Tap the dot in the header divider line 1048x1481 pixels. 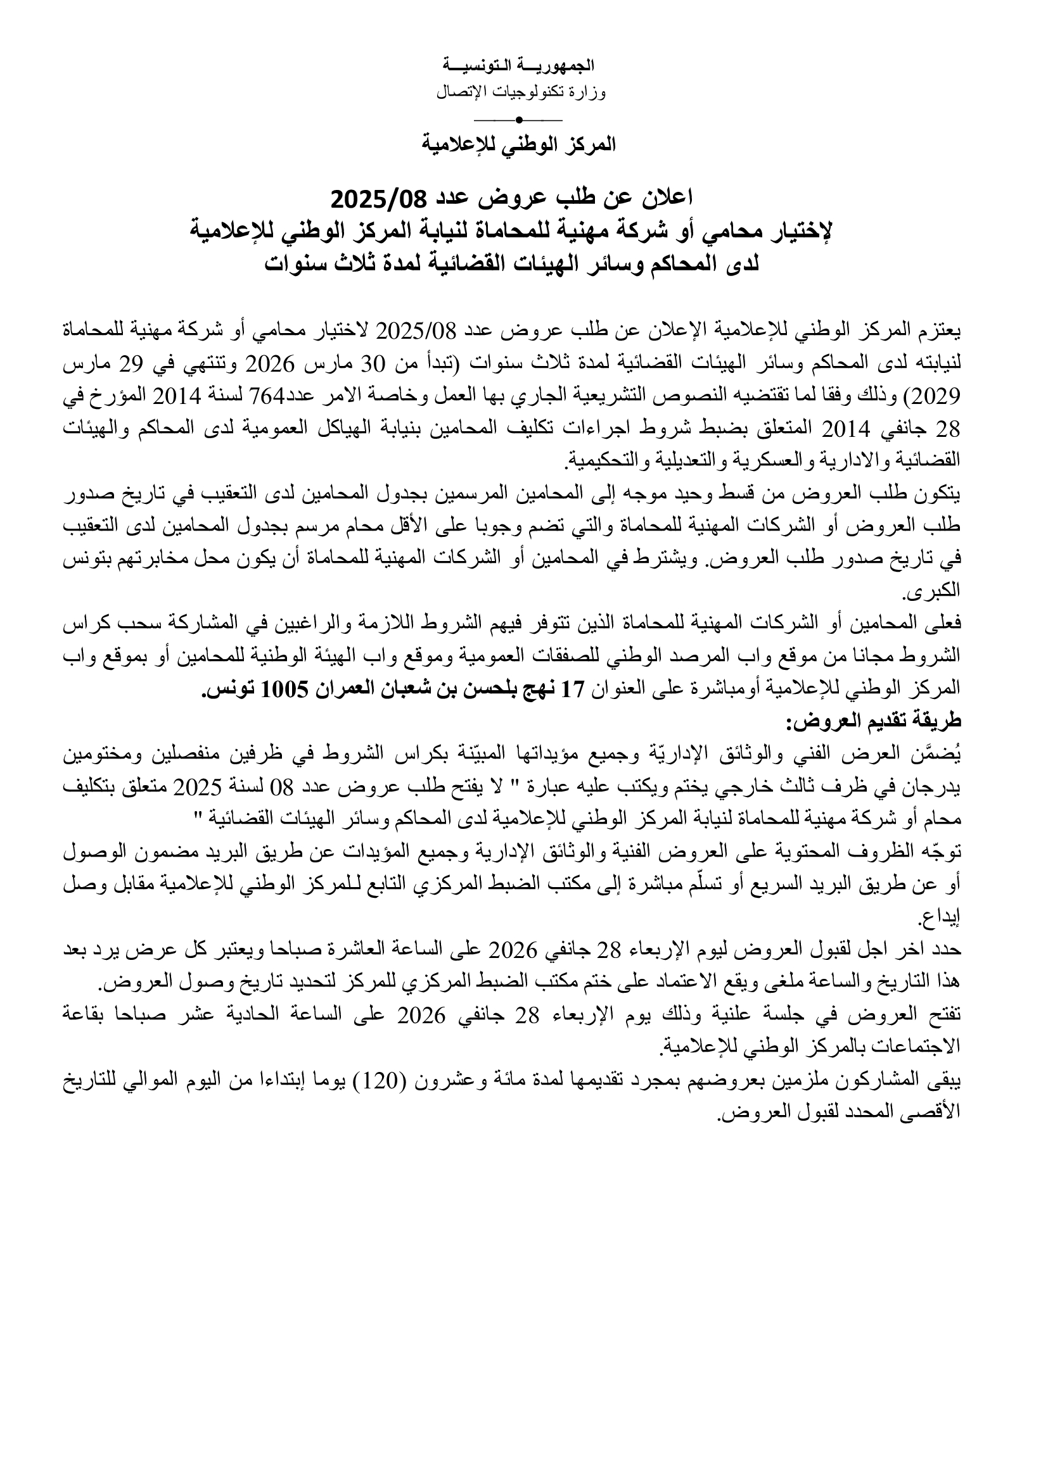pyautogui.click(x=518, y=119)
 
